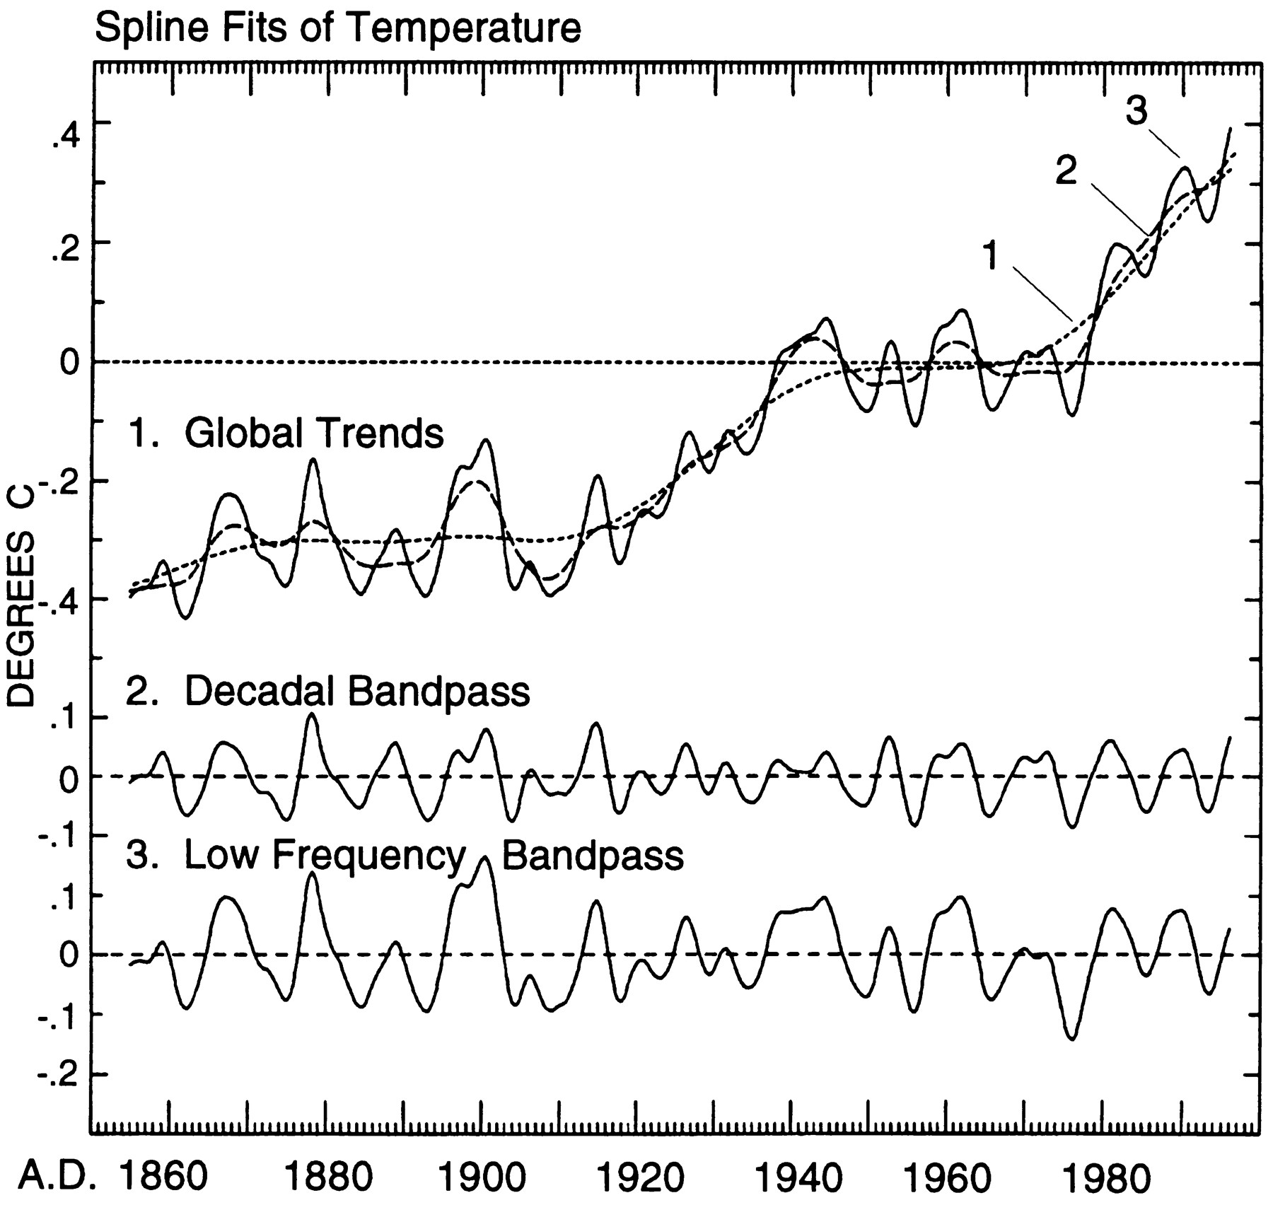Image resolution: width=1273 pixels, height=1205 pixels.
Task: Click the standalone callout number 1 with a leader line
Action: coord(991,256)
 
